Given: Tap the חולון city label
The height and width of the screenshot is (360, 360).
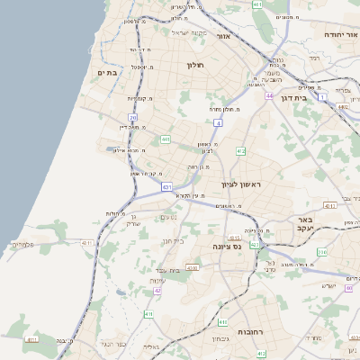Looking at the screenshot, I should pyautogui.click(x=195, y=66).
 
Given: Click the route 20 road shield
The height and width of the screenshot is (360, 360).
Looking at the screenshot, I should pyautogui.click(x=133, y=117).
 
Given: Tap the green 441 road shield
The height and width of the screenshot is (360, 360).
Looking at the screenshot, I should pyautogui.click(x=166, y=139).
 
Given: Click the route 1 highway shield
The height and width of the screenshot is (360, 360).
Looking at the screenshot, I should pyautogui.click(x=323, y=94).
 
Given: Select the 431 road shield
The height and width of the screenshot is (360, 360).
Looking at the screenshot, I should pyautogui.click(x=167, y=186).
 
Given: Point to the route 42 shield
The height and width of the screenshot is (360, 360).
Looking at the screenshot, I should pyautogui.click(x=157, y=290).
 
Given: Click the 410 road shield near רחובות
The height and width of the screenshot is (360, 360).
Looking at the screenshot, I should pyautogui.click(x=149, y=314).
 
